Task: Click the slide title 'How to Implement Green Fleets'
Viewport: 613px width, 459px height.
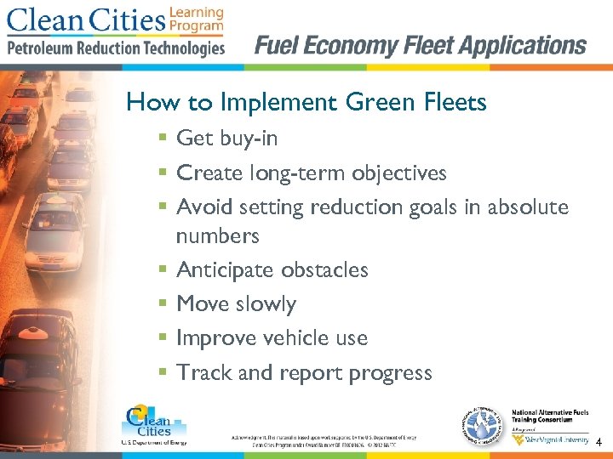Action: (306, 103)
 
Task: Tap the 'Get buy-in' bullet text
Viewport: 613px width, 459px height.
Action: (226, 138)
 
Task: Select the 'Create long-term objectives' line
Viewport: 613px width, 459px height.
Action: (311, 173)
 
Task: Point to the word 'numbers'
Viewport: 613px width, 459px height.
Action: (217, 235)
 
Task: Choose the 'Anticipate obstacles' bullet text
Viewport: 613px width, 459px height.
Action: (272, 269)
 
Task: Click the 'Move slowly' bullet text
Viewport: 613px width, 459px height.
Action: (236, 303)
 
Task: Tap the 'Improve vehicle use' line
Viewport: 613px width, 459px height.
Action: (272, 337)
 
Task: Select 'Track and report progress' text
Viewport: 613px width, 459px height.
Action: (304, 372)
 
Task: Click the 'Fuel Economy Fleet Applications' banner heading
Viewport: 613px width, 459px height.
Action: (421, 45)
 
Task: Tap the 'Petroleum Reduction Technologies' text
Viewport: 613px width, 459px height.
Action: (116, 48)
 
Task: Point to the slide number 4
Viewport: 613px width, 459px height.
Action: (599, 443)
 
